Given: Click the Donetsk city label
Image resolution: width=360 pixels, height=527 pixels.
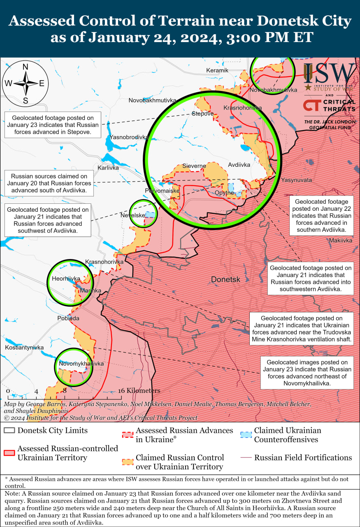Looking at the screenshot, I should tap(225, 280).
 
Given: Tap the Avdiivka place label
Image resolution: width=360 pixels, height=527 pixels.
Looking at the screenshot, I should tap(239, 165).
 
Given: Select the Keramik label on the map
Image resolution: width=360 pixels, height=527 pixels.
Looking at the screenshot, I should tap(217, 70).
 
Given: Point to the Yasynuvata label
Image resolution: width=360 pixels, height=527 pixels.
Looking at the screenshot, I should tap(296, 180).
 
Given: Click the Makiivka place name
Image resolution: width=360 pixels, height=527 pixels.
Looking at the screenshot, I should tap(341, 240).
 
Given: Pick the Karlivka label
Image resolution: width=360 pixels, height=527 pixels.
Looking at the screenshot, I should tap(108, 168).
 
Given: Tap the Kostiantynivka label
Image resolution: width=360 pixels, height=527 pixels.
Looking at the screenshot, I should tap(24, 347).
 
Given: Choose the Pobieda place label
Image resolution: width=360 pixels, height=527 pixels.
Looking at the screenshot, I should tap(68, 318).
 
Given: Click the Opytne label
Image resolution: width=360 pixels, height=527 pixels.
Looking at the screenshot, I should tap(225, 193).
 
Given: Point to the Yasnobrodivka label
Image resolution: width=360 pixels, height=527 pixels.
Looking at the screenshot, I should tap(129, 137).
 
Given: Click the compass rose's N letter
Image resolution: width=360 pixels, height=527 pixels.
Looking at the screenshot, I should tap(25, 67).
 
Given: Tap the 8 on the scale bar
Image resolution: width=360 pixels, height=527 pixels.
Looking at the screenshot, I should tap(65, 391).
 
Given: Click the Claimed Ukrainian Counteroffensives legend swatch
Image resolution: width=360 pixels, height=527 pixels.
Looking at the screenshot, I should tap(246, 435).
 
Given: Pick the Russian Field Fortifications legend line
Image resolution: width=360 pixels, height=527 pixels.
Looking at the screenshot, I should tap(246, 458).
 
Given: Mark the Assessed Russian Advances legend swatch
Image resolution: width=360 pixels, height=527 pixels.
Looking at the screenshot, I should tap(128, 435).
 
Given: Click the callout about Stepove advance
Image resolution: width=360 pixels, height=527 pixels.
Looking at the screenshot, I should tap(53, 125).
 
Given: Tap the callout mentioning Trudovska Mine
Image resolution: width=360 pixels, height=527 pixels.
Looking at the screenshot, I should tap(302, 329).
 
